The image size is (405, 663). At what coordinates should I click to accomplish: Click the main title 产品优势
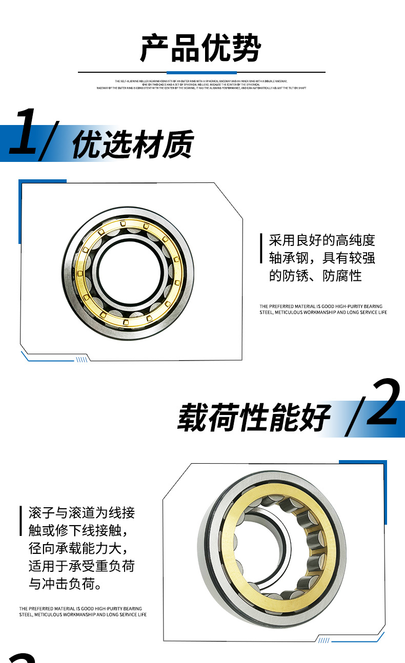pyautogui.click(x=201, y=49)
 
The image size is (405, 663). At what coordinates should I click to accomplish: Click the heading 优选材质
pyautogui.click(x=132, y=144)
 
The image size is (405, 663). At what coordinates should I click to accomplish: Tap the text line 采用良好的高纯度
pyautogui.click(x=322, y=240)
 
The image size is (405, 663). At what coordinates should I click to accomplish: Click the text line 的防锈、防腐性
pyautogui.click(x=315, y=276)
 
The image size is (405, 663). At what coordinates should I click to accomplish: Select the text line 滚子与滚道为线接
pyautogui.click(x=82, y=512)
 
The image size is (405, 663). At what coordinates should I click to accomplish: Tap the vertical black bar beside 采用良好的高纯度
pyautogui.click(x=261, y=248)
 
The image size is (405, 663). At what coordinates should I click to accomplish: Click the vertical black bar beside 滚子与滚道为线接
pyautogui.click(x=21, y=521)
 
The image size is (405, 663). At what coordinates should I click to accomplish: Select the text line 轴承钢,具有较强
pyautogui.click(x=322, y=258)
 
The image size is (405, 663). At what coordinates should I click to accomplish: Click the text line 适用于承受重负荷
pyautogui.click(x=82, y=566)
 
